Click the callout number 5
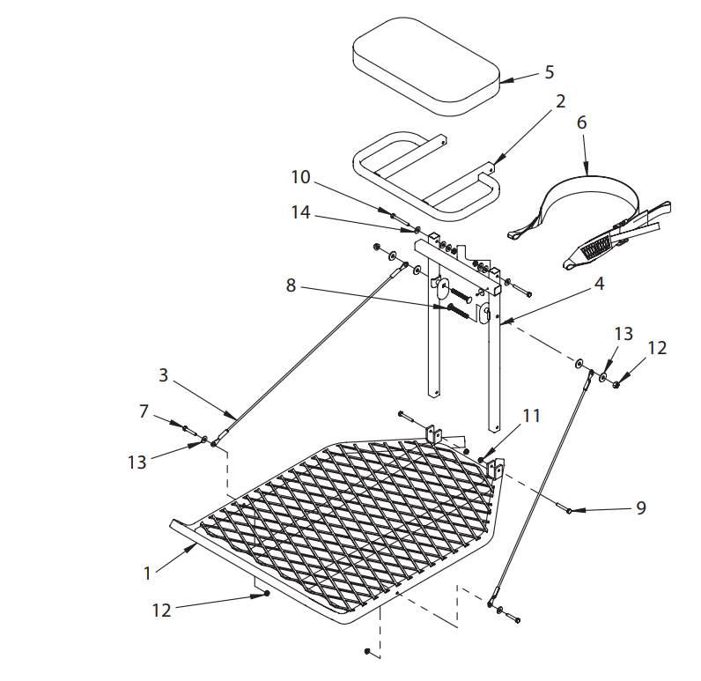coord(549,71)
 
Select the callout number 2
coord(560,102)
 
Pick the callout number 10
coord(301,177)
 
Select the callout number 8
coord(290,285)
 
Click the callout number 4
coord(599,285)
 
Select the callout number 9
coord(641,508)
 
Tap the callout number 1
coord(148,573)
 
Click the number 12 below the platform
coord(161,610)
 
